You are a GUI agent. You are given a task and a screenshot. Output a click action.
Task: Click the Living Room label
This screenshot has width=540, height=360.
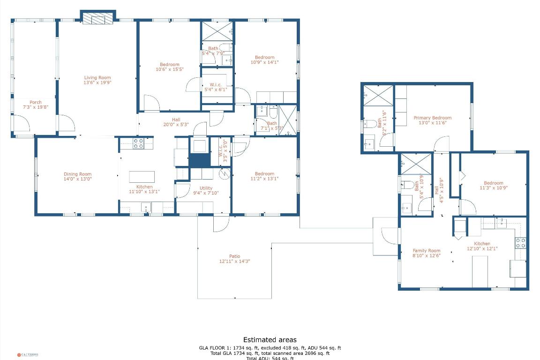pyautogui.click(x=97, y=78)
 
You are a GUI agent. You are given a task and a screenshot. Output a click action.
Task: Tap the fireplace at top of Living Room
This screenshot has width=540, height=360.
pyautogui.click(x=98, y=19)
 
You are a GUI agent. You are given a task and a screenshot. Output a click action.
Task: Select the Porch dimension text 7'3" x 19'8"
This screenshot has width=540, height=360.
pyautogui.click(x=35, y=107)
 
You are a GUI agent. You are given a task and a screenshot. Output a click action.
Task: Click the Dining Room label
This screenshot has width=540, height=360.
pyautogui.click(x=78, y=174)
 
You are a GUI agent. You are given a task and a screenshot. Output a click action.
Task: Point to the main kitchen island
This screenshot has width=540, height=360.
pyautogui.click(x=142, y=176)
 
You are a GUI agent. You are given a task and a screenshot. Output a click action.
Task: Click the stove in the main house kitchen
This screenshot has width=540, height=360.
pyautogui.click(x=138, y=143)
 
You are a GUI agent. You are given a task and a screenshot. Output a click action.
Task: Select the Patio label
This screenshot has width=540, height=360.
pyautogui.click(x=234, y=256)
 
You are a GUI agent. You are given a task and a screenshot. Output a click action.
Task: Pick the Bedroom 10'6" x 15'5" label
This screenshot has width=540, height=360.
pyautogui.click(x=169, y=65)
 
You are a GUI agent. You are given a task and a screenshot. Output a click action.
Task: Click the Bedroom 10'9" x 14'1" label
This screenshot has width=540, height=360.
pyautogui.click(x=264, y=58)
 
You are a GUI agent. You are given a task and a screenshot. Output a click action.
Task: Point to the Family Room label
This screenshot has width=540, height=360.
pyautogui.click(x=426, y=251)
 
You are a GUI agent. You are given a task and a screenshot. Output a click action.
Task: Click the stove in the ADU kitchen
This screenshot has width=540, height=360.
pyautogui.click(x=520, y=242)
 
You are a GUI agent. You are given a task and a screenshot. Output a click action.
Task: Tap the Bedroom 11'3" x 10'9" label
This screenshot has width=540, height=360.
pyautogui.click(x=493, y=183)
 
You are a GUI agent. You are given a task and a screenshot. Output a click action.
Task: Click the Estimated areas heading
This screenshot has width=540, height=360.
pyautogui.click(x=270, y=340)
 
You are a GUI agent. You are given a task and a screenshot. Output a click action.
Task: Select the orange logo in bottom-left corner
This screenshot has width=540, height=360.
pyautogui.click(x=19, y=355)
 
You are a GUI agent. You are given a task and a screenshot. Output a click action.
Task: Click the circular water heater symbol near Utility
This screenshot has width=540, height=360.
pyautogui.click(x=225, y=173)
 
